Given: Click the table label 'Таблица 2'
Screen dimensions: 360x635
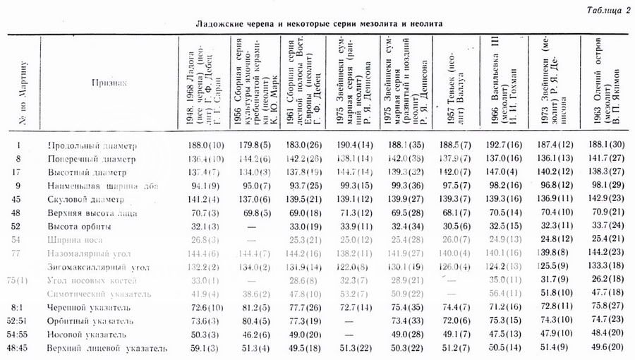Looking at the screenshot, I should [607, 10].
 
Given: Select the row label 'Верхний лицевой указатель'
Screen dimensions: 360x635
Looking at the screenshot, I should [107, 348].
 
